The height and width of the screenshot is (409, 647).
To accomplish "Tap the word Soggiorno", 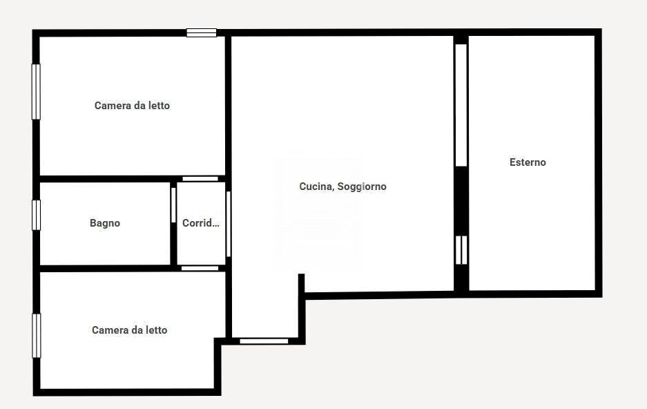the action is [362, 187].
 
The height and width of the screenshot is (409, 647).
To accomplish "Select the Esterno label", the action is [528, 162].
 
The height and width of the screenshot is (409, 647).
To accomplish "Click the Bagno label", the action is [105, 223].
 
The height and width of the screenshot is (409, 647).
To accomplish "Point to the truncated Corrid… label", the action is [201, 223].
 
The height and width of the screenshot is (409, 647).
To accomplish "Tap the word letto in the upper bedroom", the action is [160, 106].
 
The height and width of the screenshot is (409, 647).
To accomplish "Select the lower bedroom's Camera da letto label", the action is [130, 330].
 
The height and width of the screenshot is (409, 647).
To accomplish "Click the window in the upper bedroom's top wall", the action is [202, 32].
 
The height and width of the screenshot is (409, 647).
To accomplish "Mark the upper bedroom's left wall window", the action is [37, 92].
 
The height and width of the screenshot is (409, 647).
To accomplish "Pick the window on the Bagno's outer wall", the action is [37, 215].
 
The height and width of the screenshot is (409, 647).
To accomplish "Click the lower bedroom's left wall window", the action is [37, 336].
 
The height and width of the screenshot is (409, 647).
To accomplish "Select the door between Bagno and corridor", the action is [173, 205].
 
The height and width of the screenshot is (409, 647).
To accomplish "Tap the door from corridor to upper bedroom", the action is [200, 179].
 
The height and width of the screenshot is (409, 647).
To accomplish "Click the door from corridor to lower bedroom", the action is [200, 268].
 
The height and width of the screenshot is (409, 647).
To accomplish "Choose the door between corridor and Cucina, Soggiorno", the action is [228, 224].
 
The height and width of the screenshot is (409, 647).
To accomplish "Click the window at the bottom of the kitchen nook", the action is [264, 341].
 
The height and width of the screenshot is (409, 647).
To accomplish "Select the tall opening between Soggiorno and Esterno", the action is [461, 105].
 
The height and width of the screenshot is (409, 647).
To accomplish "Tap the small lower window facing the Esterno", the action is [461, 250].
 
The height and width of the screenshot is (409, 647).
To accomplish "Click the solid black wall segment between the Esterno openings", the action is [461, 201].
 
